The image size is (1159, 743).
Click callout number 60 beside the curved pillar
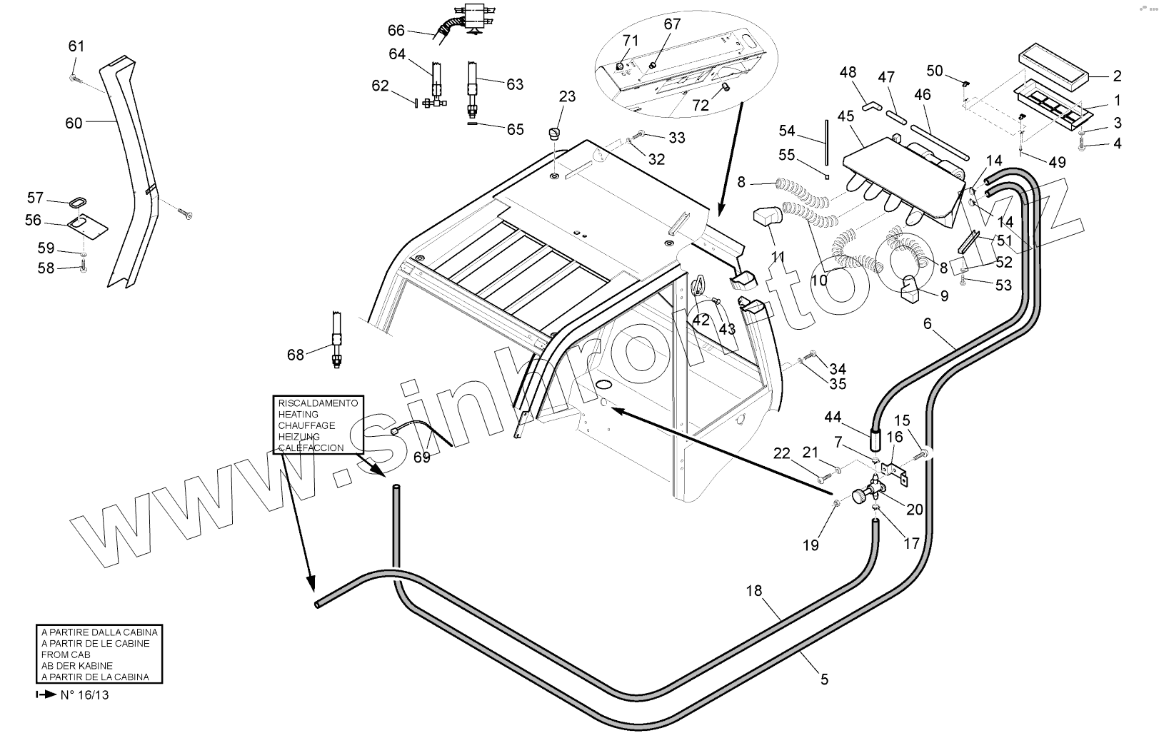74,123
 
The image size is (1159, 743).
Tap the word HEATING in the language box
298,414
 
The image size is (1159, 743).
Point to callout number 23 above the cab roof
567,96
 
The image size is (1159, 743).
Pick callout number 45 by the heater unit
846,116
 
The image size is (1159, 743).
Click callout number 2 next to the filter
1117,76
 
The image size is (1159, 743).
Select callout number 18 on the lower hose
754,591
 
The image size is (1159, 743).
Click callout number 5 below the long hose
824,679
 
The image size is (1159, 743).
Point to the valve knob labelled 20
859,496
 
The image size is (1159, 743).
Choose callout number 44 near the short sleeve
833,417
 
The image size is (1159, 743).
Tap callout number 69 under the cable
422,457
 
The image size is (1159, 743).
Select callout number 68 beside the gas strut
295,354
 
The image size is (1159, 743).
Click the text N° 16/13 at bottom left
84,694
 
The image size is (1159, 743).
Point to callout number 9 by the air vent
944,296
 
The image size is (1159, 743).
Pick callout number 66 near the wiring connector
396,31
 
